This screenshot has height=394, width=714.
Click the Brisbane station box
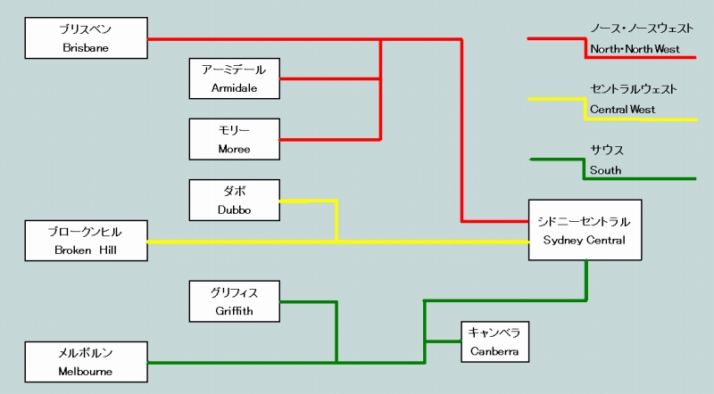click(x=86, y=38)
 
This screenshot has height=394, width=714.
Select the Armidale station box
click(x=234, y=78)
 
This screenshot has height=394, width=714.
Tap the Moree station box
click(x=234, y=139)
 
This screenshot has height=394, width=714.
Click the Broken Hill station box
click(x=86, y=242)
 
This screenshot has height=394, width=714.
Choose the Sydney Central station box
click(x=585, y=230)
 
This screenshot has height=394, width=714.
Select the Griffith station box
click(x=234, y=301)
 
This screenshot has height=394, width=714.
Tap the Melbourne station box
click(x=86, y=362)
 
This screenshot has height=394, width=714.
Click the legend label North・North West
click(x=635, y=49)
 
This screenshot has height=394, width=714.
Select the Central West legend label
click(x=622, y=110)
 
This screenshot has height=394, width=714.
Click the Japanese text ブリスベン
click(x=86, y=29)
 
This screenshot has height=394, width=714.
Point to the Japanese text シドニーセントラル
click(x=585, y=221)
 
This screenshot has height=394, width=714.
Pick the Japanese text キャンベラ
click(x=494, y=332)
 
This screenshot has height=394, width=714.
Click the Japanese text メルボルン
click(x=86, y=353)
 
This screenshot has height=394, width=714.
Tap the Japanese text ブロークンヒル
click(x=86, y=232)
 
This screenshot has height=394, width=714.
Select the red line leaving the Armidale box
click(x=330, y=78)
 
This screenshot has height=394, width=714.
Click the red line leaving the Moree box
click(x=330, y=139)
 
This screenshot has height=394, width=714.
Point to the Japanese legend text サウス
click(x=607, y=150)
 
